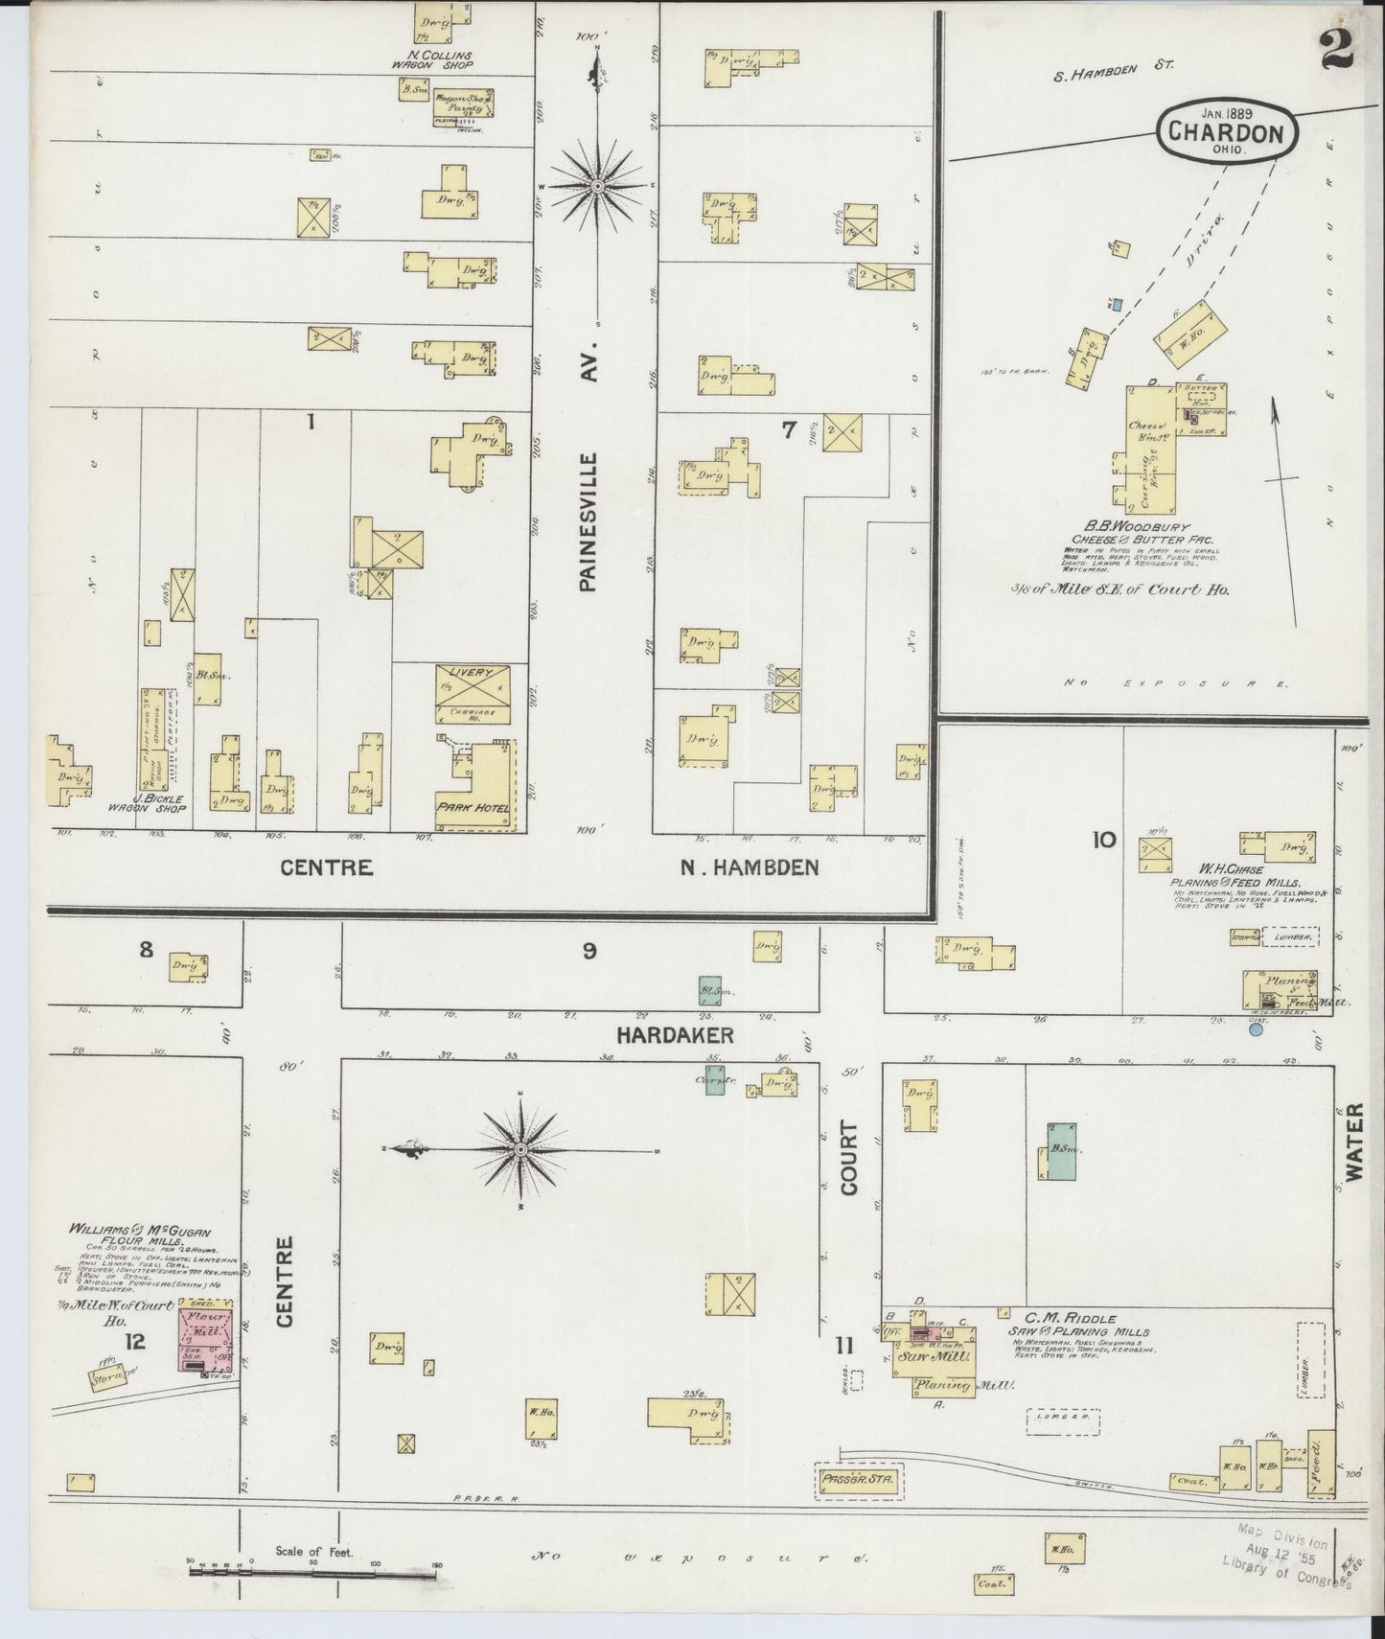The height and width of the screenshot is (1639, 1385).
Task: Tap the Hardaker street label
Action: pos(675,1035)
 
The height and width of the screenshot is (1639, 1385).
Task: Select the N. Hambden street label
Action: pos(750,868)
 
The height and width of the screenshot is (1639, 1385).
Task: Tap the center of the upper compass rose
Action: pos(597,185)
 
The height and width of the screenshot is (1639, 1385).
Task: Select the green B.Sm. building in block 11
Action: pos(1060,1150)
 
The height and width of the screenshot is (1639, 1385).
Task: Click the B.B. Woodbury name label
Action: pos(1137,527)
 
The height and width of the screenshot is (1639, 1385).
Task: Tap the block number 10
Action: pos(1102,841)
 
